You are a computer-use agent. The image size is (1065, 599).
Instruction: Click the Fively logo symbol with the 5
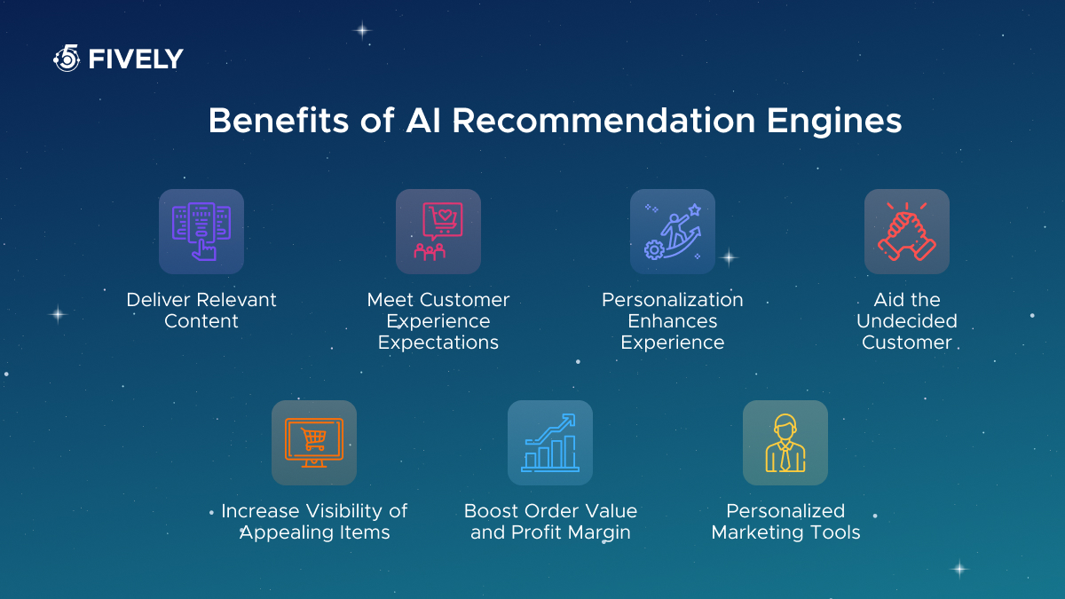[67, 58]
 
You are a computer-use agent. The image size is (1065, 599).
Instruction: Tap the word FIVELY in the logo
[136, 59]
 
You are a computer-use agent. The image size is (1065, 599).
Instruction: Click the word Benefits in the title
[279, 121]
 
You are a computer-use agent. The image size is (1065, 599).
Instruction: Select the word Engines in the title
[834, 122]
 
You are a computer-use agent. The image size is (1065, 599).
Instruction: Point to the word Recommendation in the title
[603, 121]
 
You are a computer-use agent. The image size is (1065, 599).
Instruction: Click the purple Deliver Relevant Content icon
[201, 232]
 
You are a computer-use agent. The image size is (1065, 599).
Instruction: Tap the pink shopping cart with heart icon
[438, 232]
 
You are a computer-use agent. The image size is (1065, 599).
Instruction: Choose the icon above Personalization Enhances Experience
[673, 232]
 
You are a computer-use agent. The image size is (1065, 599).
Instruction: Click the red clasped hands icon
[907, 232]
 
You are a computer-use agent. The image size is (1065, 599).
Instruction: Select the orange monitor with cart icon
[314, 443]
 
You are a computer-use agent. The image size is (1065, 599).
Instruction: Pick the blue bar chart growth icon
[550, 443]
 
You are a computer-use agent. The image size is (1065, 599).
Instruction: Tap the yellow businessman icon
[785, 443]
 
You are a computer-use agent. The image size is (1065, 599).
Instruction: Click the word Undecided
[907, 321]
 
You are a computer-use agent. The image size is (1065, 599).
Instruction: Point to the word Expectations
[438, 343]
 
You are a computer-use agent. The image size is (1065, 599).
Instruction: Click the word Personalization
[673, 300]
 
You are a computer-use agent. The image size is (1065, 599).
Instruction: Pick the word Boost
[490, 511]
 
